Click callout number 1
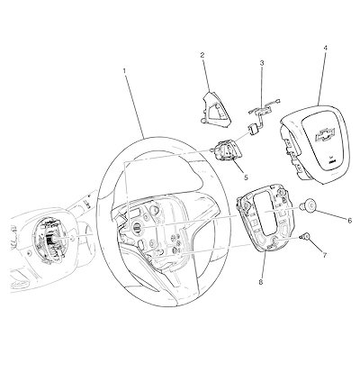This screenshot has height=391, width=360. pos(124,71)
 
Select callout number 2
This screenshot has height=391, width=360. pos(202,55)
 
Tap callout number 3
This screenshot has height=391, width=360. pos(262,63)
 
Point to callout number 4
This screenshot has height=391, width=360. pos(326,48)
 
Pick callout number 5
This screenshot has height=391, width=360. pos(246,177)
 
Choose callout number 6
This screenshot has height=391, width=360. pos(350,221)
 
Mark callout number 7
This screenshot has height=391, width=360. pos(325,255)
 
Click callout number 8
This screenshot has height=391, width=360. pos(261,282)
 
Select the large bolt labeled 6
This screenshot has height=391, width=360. pos(308,205)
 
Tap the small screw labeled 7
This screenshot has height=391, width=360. pos(305,237)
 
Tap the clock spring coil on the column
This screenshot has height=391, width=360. pos(49,239)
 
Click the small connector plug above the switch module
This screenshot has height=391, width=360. pos(254,130)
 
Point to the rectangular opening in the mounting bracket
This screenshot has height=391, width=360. pos(265,214)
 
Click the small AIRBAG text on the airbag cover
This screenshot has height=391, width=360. pos(331,161)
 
